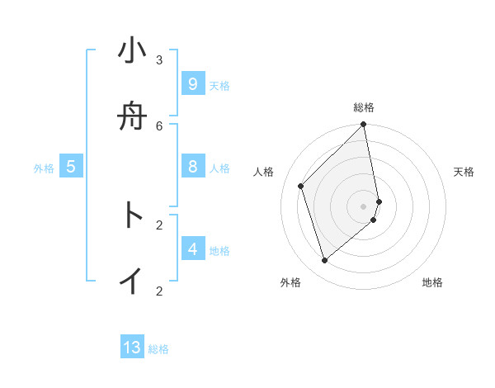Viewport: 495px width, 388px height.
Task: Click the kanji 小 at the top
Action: [132, 51]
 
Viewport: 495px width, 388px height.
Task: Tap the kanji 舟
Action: [132, 117]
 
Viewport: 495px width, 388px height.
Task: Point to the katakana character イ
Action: [132, 281]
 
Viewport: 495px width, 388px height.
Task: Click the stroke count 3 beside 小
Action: [159, 59]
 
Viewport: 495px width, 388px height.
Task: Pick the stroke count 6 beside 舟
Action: [159, 125]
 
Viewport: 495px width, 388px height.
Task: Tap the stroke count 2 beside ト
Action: [159, 224]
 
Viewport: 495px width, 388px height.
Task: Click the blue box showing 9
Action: [192, 84]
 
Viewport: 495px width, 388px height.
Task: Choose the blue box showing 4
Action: [192, 249]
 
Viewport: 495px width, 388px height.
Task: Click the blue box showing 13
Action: [132, 348]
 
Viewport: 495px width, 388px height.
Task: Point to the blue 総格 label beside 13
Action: [158, 349]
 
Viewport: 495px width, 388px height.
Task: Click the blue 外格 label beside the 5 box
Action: [44, 168]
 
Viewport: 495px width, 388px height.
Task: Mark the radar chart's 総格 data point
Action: [363, 125]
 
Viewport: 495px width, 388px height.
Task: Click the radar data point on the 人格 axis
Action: [301, 186]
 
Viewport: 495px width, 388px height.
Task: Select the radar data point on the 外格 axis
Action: [325, 260]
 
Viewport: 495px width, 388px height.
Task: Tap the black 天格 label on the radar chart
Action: [464, 172]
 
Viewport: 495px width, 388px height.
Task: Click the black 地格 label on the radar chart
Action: [432, 282]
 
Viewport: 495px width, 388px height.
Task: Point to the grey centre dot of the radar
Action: [363, 206]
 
